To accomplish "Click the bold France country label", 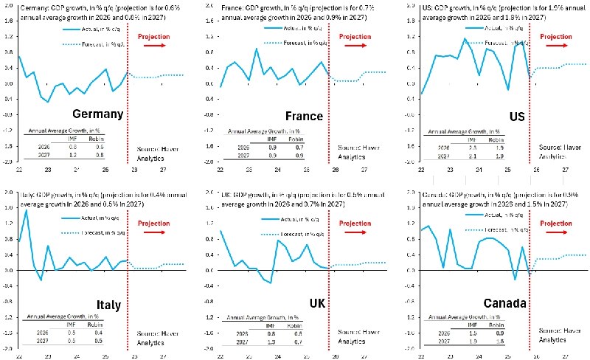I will (x=303, y=116).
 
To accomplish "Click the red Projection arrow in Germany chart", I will (x=156, y=46).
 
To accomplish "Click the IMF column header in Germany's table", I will (x=70, y=138).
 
